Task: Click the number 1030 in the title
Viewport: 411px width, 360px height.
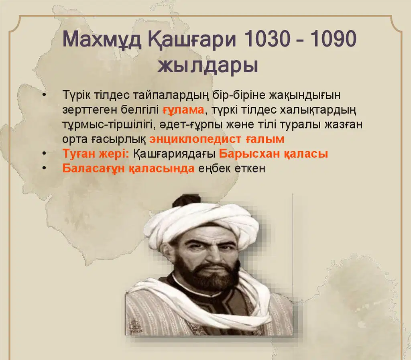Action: tap(267, 39)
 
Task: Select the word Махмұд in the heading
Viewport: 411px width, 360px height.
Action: tap(102, 40)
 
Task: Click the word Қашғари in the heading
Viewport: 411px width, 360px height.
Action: tap(192, 40)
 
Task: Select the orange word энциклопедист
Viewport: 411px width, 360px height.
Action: tap(195, 139)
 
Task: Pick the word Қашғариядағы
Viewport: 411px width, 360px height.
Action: tap(174, 154)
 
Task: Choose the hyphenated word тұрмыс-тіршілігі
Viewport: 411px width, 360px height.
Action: tap(107, 124)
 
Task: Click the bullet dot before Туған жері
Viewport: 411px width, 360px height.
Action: tap(44, 153)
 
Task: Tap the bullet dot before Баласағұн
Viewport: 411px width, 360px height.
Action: tap(44, 168)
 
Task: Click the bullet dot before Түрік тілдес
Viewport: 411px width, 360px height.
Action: tap(44, 95)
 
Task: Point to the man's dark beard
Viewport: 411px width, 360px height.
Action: tap(207, 275)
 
